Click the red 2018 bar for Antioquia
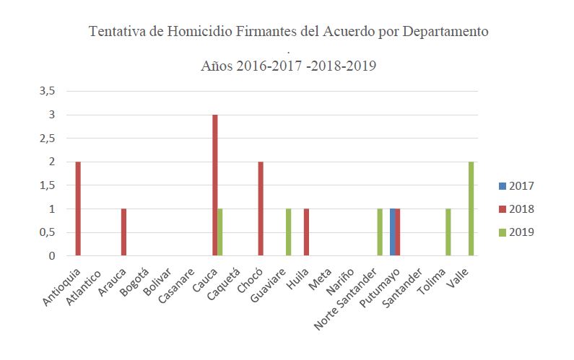point(78,208)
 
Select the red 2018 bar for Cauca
point(215,185)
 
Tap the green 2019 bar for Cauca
point(220,232)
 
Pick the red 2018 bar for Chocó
point(261,208)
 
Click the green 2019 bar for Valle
point(471,208)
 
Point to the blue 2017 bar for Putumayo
point(393,232)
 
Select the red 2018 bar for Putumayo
point(398,232)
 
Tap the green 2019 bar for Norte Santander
point(380,232)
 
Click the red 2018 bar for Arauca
point(123,232)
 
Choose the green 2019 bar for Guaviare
point(289,232)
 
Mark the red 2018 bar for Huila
point(306,232)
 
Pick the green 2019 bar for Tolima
point(448,232)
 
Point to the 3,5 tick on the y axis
point(48,92)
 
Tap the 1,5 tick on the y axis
point(48,185)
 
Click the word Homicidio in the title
point(204,32)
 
